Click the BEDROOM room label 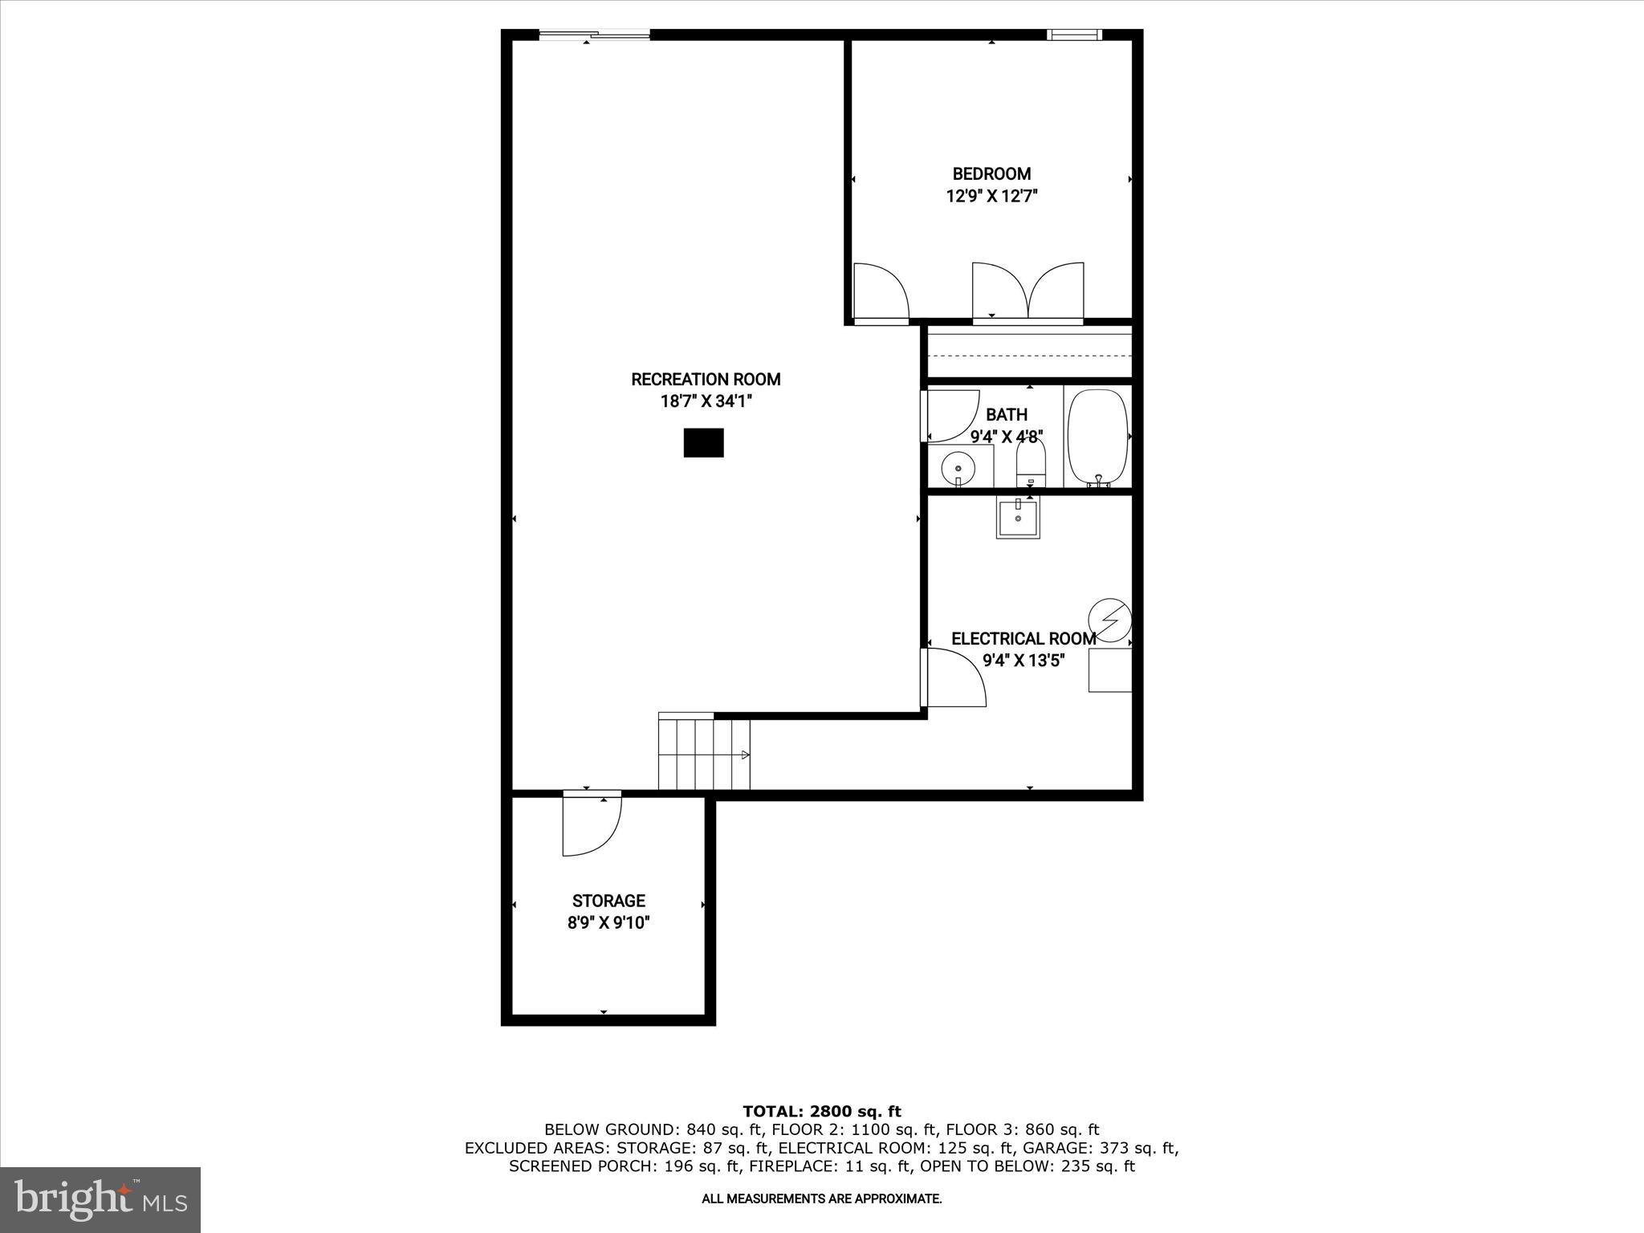point(991,173)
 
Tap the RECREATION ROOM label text point(706,379)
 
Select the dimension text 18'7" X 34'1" point(706,401)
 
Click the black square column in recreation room point(703,442)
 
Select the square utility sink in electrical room point(1017,516)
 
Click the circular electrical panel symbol point(1110,620)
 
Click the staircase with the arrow point(704,755)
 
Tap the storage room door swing point(590,825)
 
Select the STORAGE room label point(608,901)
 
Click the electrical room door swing point(954,678)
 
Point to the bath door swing point(952,416)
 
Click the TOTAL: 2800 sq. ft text point(822,1111)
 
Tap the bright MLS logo point(100,1200)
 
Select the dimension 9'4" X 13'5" point(1023,661)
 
